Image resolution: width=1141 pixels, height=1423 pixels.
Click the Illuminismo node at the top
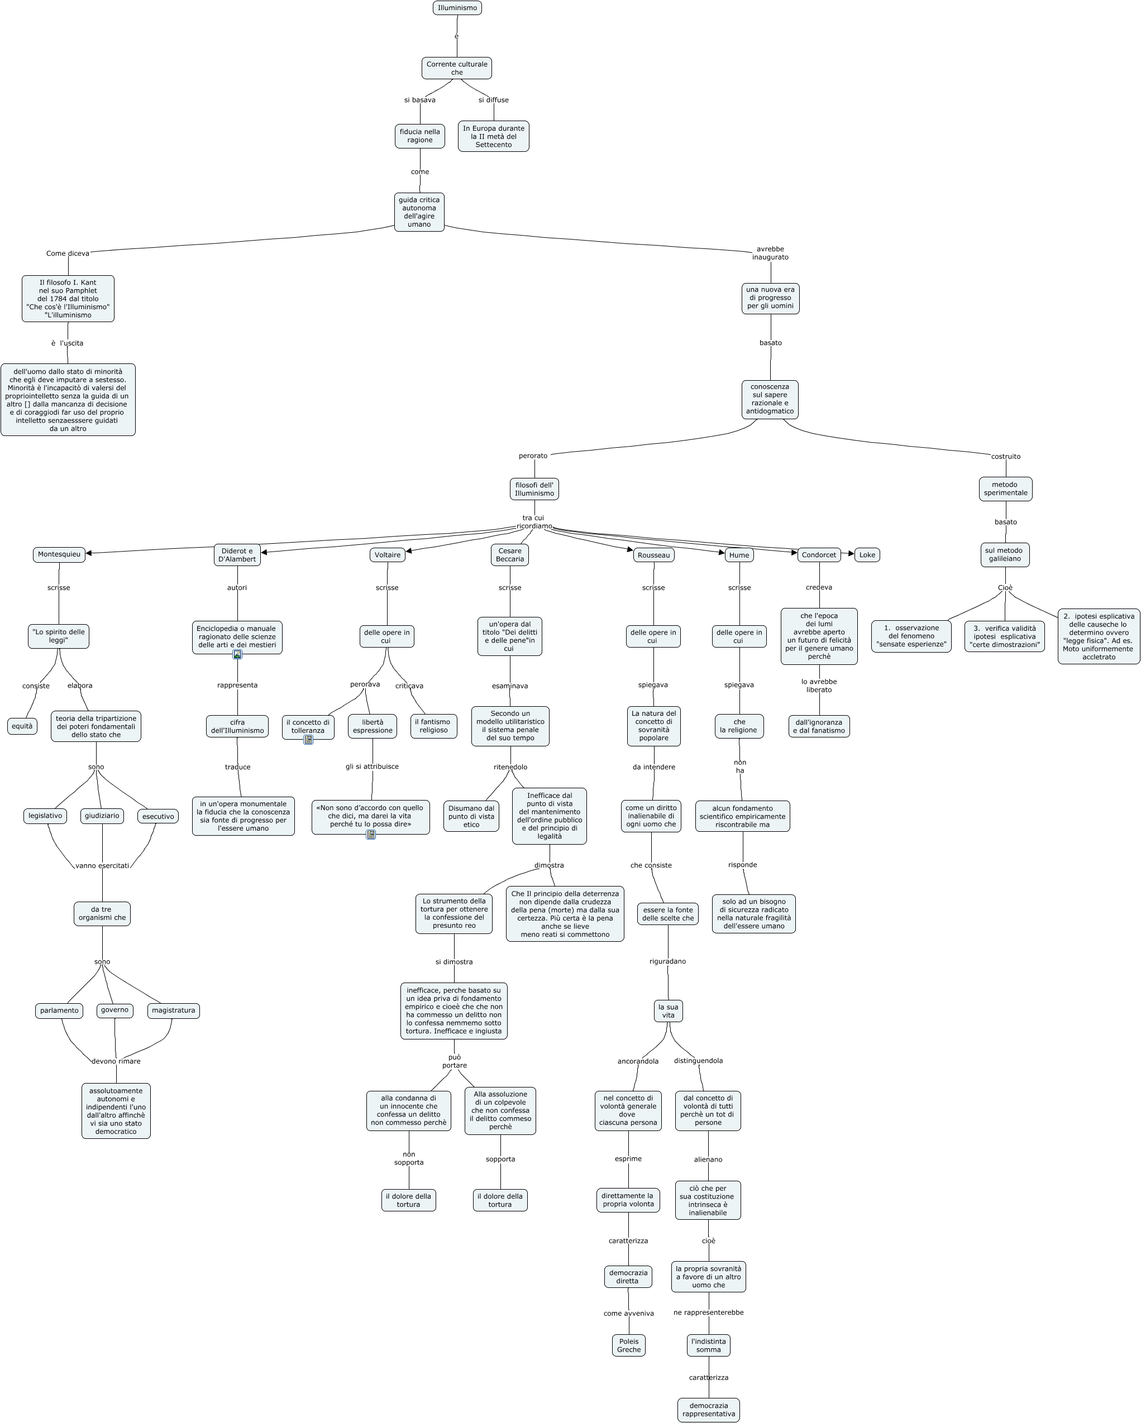tap(457, 8)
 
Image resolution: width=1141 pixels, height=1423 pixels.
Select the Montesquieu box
tap(59, 554)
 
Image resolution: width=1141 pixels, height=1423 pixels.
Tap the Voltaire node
tap(387, 555)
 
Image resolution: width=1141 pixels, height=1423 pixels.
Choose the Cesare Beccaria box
tap(509, 555)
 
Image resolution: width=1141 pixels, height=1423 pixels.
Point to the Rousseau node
tap(653, 555)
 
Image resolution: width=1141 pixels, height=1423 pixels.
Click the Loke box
tap(866, 555)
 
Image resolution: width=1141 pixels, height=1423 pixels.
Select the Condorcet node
tap(818, 555)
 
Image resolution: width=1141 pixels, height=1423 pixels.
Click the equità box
tap(22, 726)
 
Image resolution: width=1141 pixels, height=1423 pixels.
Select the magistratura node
tap(173, 1010)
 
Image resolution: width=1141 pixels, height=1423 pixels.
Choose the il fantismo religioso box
tap(433, 726)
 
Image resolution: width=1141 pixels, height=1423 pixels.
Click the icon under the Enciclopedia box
tap(237, 655)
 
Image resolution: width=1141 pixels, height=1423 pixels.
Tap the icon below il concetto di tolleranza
tap(308, 740)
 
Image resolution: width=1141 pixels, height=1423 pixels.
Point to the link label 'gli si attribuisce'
tap(372, 766)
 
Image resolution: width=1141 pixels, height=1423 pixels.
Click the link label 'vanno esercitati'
tap(102, 865)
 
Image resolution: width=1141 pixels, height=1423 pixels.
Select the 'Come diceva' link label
tap(68, 253)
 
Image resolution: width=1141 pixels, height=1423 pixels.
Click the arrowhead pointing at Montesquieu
tap(88, 553)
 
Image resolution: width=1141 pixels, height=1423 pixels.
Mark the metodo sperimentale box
tap(1005, 489)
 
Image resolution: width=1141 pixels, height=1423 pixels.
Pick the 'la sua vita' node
tap(667, 1011)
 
